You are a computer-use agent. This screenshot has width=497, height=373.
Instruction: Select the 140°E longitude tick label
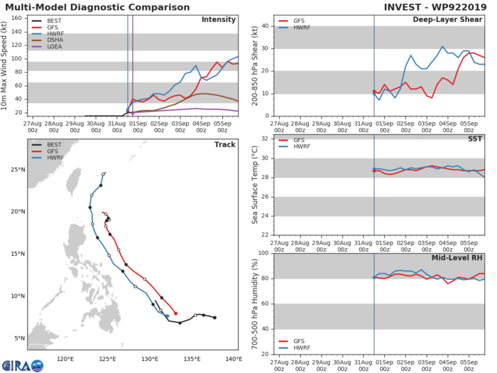pyautogui.click(x=233, y=360)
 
